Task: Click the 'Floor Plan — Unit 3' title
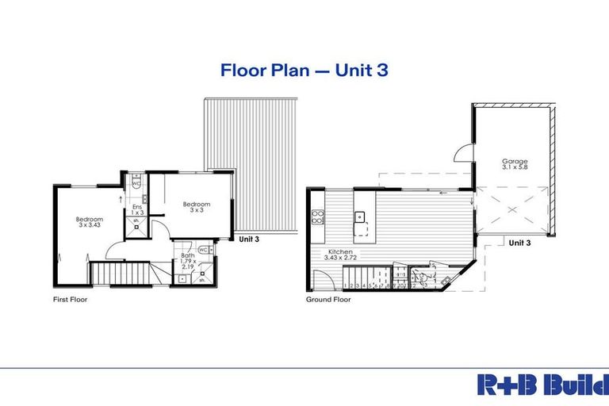coord(304,71)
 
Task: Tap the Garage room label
coord(515,164)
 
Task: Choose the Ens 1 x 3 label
coord(136,209)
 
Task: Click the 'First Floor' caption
coord(70,301)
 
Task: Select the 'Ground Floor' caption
coord(328,301)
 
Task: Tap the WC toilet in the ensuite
coord(136,183)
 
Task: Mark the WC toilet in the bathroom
coord(204,250)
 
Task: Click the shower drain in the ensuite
coord(136,228)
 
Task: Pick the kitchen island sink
coord(359,216)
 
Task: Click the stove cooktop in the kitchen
coord(318,217)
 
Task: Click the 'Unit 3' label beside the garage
coord(519,243)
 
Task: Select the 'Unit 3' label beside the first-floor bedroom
coord(248,238)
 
